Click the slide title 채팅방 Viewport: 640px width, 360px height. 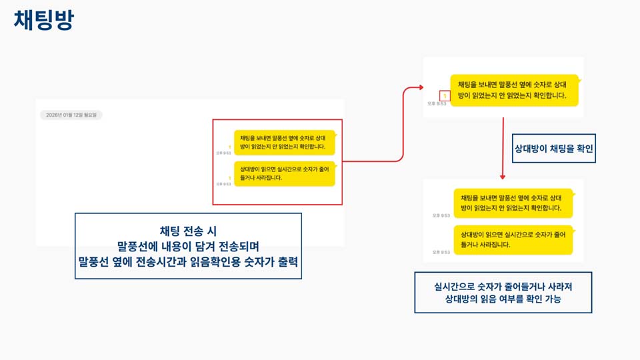pyautogui.click(x=43, y=20)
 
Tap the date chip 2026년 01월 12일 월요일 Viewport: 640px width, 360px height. pyautogui.click(x=71, y=115)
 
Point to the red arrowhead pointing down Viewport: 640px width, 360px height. pyautogui.click(x=503, y=176)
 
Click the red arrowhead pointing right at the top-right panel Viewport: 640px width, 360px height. pyautogui.click(x=420, y=87)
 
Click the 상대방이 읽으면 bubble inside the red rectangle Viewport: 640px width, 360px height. pyautogui.click(x=284, y=173)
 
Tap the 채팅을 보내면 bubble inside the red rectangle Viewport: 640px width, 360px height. pyautogui.click(x=284, y=142)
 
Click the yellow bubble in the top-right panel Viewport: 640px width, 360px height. pyautogui.click(x=513, y=90)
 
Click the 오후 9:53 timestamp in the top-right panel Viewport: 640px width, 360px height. pyautogui.click(x=438, y=103)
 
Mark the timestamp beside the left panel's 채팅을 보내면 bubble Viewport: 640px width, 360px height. pyautogui.click(x=223, y=153)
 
